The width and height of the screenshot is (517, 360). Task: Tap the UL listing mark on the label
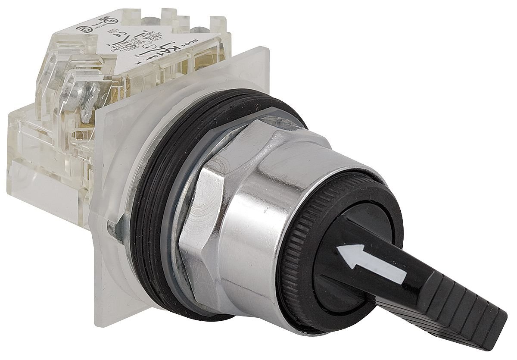click(111, 21)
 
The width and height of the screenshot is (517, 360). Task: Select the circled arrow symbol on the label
click(149, 47)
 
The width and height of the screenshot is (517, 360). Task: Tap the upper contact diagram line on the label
click(139, 35)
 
